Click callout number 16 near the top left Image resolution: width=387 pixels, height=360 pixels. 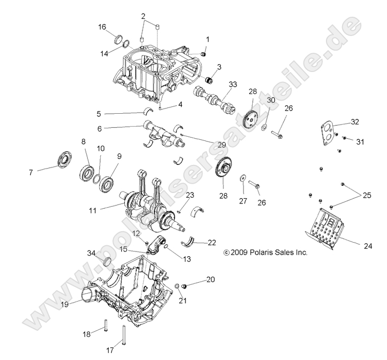[x=102, y=27]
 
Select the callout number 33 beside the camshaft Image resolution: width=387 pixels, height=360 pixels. [x=232, y=85]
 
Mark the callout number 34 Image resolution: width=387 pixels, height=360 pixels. [x=91, y=253]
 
